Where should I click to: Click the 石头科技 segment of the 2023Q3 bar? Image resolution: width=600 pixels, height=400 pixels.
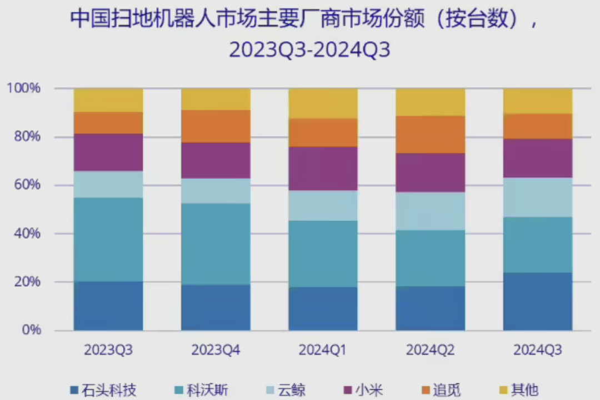(x=108, y=306)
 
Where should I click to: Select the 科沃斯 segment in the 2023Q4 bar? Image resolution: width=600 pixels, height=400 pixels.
(x=216, y=244)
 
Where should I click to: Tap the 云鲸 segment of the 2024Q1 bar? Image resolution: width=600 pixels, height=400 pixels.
(x=323, y=206)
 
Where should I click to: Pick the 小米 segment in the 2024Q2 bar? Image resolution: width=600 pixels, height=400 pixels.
(x=430, y=173)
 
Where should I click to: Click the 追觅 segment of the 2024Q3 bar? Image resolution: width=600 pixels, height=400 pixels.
(x=538, y=126)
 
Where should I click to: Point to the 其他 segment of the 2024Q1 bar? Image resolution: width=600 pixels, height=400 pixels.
(x=323, y=103)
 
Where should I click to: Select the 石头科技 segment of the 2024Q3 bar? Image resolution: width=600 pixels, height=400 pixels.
(x=538, y=301)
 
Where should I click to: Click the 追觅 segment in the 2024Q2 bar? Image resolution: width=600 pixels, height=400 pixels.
(x=430, y=134)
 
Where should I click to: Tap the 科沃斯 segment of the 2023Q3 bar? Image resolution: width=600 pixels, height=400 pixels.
(x=108, y=239)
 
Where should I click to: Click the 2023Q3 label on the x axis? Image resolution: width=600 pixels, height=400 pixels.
(x=108, y=350)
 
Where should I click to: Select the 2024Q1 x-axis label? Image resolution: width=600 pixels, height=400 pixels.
(x=323, y=350)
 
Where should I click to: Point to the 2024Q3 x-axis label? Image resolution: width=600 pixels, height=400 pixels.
(x=538, y=350)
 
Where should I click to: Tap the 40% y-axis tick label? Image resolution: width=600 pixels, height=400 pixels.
(x=26, y=233)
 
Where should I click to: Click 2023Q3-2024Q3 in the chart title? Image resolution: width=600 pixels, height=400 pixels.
(x=309, y=50)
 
